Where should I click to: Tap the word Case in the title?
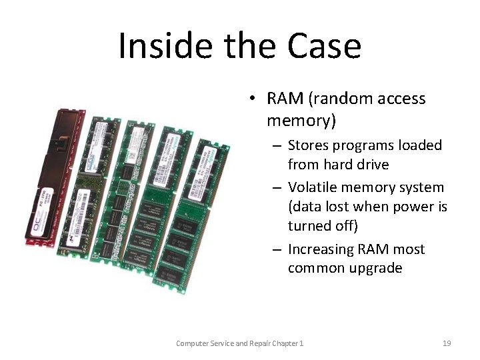[x=325, y=46]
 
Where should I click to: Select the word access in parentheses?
[x=399, y=99]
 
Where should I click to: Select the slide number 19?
[x=447, y=343]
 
